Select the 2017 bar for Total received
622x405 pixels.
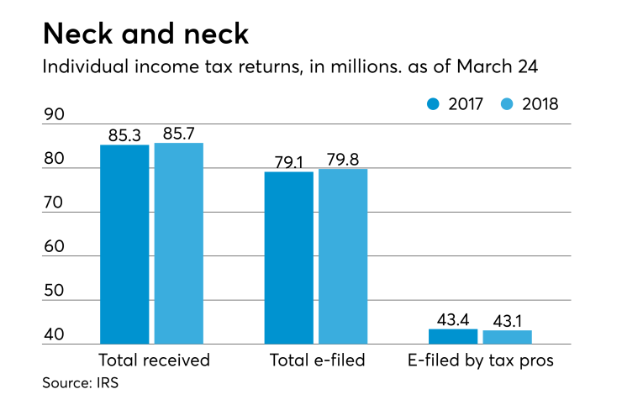click(x=124, y=245)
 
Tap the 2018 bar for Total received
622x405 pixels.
click(x=179, y=244)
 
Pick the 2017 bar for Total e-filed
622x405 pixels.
click(x=289, y=258)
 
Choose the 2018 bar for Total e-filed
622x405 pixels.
click(x=343, y=256)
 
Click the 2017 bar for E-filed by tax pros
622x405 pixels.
click(x=453, y=336)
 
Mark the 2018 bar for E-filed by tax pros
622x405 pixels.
click(x=508, y=337)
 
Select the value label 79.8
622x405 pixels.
click(x=343, y=160)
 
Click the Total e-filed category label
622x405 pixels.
click(x=317, y=361)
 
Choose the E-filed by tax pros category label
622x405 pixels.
click(x=480, y=361)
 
